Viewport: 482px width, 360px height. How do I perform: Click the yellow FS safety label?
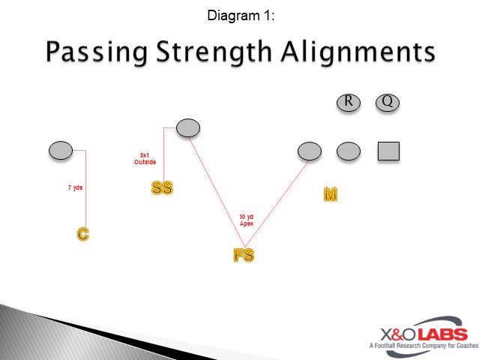[x=244, y=255]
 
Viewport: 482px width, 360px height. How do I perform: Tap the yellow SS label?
[x=162, y=187]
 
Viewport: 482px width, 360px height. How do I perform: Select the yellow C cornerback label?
[x=83, y=235]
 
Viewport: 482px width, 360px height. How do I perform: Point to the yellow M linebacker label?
[x=330, y=194]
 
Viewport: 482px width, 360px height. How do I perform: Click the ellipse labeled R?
[x=349, y=102]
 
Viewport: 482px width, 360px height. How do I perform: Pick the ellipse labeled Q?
[x=388, y=102]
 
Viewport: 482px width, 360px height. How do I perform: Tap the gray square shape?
[x=388, y=151]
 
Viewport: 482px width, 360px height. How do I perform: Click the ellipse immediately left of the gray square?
[x=349, y=151]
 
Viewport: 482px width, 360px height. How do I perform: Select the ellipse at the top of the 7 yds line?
[x=61, y=151]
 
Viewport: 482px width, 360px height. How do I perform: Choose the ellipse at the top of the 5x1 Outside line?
[x=187, y=128]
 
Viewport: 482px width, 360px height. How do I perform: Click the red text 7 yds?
[x=74, y=187]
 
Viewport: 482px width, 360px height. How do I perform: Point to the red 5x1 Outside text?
[x=145, y=158]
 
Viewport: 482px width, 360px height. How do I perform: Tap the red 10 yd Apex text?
[x=247, y=220]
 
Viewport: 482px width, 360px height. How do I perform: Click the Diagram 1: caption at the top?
[x=241, y=14]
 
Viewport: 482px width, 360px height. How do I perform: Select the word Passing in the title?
[x=96, y=52]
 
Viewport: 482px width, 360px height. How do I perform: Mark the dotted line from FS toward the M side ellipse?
[x=277, y=202]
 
